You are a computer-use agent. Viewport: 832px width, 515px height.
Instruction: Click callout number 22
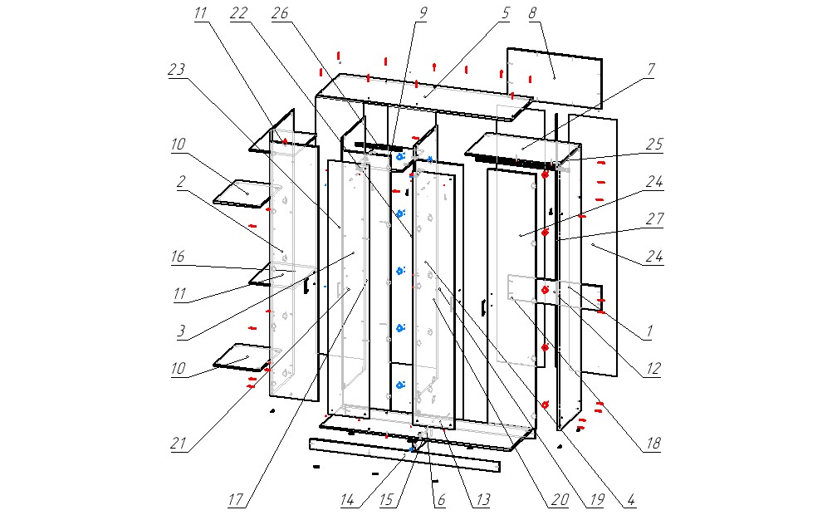[240, 14]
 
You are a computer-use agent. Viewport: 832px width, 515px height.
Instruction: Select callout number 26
[280, 14]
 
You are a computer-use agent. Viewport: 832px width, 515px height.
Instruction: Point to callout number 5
[504, 13]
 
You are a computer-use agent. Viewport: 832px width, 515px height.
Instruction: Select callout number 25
[655, 144]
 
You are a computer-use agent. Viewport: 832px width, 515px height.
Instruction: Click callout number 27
[655, 218]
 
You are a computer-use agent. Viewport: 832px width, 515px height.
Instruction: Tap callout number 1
[650, 331]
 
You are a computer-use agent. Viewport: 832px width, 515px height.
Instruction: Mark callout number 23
[176, 71]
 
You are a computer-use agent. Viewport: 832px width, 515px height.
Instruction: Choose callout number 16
[178, 257]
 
